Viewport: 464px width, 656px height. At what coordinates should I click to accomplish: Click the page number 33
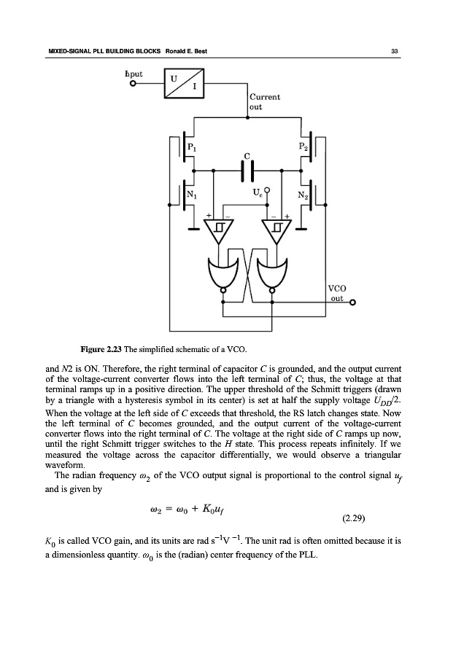click(x=394, y=51)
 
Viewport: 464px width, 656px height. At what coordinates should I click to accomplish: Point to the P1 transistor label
click(x=193, y=147)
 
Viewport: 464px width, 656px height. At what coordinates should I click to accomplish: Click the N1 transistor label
click(x=193, y=194)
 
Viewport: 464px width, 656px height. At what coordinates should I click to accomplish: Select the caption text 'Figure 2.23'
click(x=101, y=345)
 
